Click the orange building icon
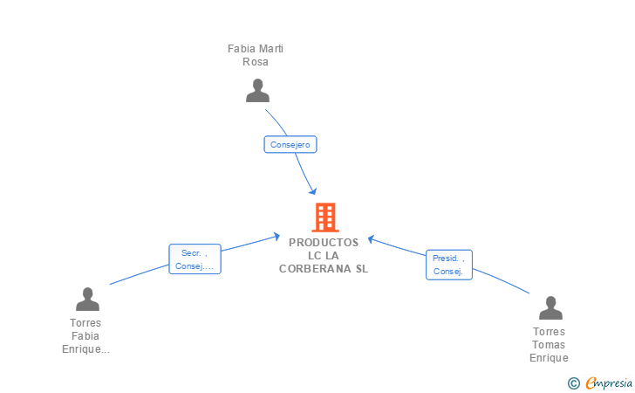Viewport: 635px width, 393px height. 325,217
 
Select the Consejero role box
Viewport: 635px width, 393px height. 290,144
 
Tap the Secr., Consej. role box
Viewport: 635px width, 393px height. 195,259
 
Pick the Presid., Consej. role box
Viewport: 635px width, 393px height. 449,265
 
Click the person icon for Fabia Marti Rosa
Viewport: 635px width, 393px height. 257,91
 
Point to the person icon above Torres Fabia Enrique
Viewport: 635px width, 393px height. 87,300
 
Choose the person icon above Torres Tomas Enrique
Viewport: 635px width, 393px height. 550,307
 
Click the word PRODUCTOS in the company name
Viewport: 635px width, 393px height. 324,243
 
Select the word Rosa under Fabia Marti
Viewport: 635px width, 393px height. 255,62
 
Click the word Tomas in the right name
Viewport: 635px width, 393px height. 549,345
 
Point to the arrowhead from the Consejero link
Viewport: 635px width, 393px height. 312,190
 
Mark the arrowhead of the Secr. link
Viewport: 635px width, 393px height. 277,236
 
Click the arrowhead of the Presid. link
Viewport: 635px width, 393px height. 371,239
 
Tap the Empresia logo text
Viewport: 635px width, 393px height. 609,383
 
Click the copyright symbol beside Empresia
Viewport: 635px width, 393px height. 574,383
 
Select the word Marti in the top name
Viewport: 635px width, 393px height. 271,49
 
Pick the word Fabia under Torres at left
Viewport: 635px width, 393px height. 85,336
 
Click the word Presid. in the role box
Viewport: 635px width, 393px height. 446,259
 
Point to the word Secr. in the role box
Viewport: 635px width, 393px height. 191,253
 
